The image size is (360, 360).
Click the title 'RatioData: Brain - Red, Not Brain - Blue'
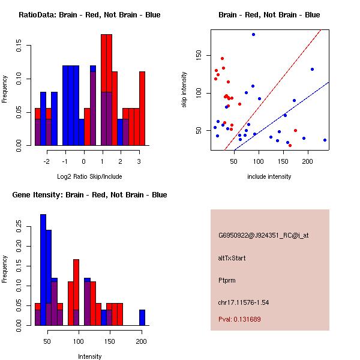coord(89,15)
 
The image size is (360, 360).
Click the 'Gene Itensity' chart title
coord(89,195)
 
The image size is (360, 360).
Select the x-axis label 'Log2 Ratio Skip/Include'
coord(89,176)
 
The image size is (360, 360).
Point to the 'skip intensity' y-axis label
coord(184,91)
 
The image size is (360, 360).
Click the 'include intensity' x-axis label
coord(269,176)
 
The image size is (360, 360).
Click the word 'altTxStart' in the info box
coord(232,258)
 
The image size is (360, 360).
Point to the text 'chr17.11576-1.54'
coord(244,302)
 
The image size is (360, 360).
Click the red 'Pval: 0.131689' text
coord(240,319)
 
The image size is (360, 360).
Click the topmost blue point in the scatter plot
coord(253,35)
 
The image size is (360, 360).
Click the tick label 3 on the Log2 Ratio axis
coord(139,161)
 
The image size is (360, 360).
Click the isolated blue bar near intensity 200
coord(142,317)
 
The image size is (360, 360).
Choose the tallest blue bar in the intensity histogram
coord(43,270)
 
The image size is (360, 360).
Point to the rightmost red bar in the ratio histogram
coord(142,109)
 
